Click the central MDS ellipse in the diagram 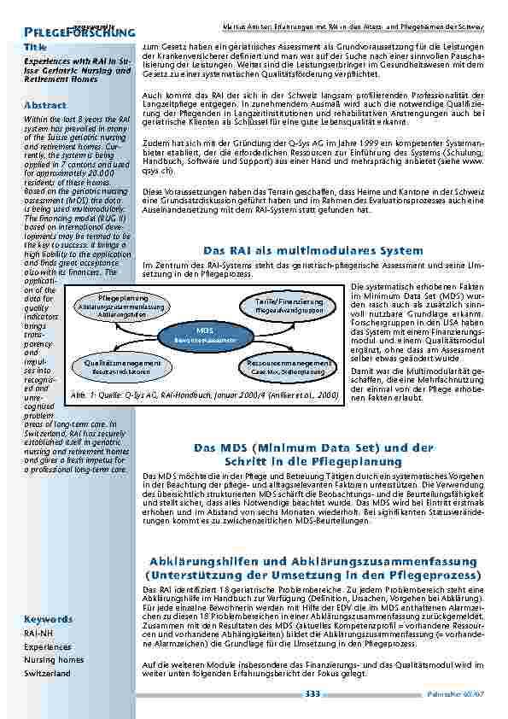tap(204, 334)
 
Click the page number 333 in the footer tap(312, 694)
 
